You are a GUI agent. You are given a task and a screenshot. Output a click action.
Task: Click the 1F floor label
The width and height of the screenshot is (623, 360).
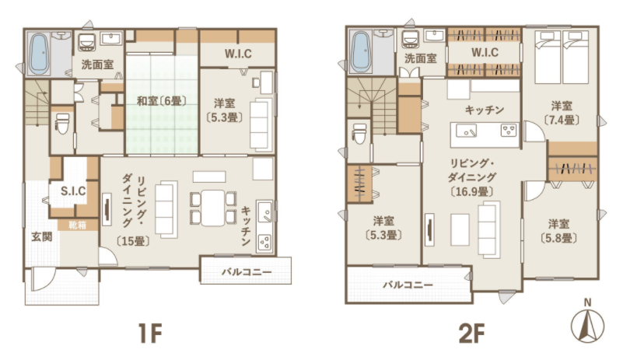151,334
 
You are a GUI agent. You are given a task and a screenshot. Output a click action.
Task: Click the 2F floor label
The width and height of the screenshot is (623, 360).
471,334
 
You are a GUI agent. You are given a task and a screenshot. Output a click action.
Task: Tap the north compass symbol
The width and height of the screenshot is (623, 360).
587,322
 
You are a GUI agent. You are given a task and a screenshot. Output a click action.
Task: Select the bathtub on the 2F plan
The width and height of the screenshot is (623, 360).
361,52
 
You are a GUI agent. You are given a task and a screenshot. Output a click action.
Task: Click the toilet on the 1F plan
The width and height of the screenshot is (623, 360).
62,123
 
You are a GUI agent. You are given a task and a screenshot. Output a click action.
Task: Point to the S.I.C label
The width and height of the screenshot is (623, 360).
73,191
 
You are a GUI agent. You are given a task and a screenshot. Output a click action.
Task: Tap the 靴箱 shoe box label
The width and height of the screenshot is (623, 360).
78,225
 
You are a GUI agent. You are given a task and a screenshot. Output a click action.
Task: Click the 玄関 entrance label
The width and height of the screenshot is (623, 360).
42,237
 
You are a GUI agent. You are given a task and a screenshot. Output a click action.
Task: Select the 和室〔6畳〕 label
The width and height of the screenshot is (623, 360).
162,101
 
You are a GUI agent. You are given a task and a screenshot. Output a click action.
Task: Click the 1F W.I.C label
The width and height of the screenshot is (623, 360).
238,54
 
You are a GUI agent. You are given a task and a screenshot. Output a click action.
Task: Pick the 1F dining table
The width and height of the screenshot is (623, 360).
212,208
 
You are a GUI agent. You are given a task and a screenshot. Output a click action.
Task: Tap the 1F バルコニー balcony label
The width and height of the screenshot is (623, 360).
247,272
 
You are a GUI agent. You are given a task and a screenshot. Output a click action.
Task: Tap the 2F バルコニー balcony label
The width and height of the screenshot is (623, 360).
408,285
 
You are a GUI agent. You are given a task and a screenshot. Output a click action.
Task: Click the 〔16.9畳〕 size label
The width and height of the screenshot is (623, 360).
472,191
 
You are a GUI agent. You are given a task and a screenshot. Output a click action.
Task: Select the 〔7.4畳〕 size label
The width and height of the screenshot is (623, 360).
562,120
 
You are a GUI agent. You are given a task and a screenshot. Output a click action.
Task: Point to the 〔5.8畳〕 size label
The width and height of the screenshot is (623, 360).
558,238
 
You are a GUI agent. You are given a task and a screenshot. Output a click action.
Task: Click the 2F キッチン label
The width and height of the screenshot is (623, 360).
485,110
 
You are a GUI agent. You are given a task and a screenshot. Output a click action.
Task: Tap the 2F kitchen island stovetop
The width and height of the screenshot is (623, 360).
509,131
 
